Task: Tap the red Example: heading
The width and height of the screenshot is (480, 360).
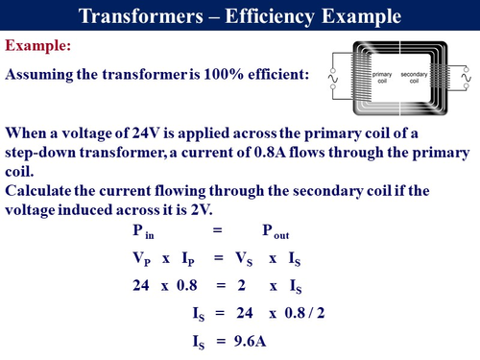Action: coord(42,46)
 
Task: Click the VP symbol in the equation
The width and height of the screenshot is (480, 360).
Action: coord(139,260)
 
